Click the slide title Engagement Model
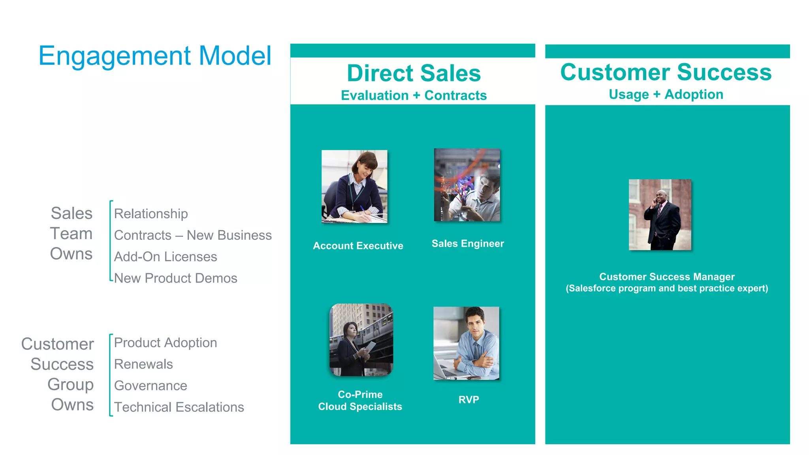tap(155, 56)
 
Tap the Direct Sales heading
tap(414, 73)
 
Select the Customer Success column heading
tap(666, 72)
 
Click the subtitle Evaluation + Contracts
tap(414, 95)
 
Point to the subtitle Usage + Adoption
tap(666, 95)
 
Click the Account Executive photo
tap(354, 186)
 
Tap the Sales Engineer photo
tap(467, 185)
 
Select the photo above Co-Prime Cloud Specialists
tap(361, 340)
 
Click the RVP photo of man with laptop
tap(466, 343)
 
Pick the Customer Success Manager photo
tap(660, 215)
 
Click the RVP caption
tap(468, 400)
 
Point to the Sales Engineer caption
tap(468, 244)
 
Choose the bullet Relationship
tap(151, 214)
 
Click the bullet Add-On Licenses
tap(166, 257)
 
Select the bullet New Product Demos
tap(176, 278)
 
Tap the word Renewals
tap(143, 364)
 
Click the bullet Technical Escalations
tap(179, 407)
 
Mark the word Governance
tap(151, 386)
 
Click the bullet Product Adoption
tap(166, 343)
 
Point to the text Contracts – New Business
tap(193, 235)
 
